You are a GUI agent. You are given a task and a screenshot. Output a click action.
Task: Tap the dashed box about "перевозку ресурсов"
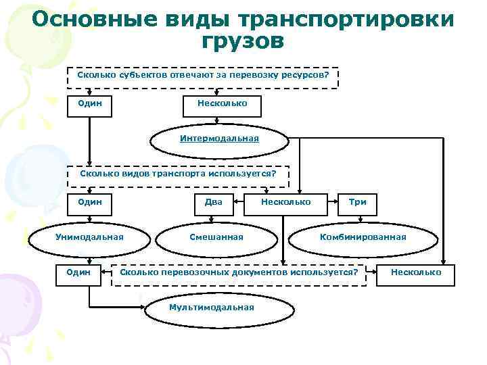point(203,77)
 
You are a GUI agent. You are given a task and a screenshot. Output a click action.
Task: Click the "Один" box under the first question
point(90,103)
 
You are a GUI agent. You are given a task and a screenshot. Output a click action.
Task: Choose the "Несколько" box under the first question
point(222,103)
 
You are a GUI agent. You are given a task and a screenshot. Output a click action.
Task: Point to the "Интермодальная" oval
point(219,139)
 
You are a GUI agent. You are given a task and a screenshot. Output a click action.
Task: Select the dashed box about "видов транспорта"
point(179,174)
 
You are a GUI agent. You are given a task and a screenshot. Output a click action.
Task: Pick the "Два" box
point(214,201)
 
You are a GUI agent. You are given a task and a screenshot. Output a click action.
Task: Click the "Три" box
point(357,201)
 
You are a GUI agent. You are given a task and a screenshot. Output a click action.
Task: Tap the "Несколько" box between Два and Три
point(285,201)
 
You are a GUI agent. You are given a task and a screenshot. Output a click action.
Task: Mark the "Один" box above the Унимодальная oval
point(90,201)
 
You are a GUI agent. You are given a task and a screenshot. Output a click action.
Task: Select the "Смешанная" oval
point(216,237)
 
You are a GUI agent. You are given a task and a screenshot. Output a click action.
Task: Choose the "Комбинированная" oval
point(363,237)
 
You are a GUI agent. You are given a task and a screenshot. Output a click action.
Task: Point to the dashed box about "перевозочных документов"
point(239,272)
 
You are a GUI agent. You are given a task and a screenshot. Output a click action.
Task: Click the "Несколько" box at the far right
point(416,272)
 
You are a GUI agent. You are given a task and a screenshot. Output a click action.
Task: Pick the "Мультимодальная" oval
point(212,308)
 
